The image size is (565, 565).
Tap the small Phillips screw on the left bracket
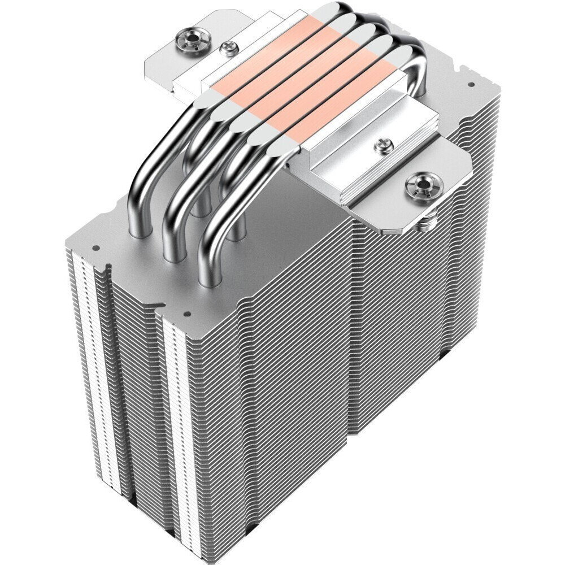click(228, 49)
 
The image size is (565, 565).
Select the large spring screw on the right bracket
click(420, 186)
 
